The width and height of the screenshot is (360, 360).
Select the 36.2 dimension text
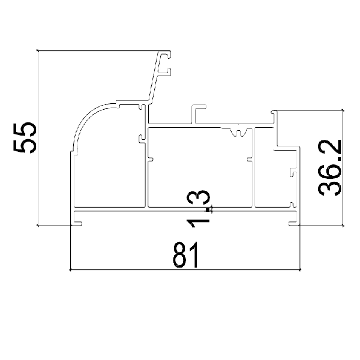(330, 167)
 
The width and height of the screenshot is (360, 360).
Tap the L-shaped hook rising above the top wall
(196, 113)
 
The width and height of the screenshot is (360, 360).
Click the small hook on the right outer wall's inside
(292, 174)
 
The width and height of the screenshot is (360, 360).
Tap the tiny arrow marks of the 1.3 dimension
(213, 209)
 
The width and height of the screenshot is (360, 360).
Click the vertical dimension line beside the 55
(38, 137)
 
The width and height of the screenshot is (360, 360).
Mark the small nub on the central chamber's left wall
(150, 160)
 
